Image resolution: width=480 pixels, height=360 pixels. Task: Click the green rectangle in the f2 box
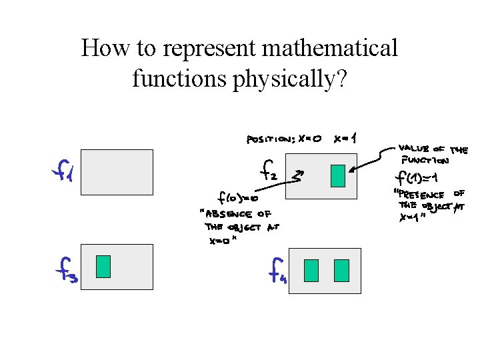click(x=338, y=175)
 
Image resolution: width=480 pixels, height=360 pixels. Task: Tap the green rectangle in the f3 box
click(x=103, y=266)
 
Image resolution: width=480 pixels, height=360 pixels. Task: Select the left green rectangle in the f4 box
click(x=311, y=270)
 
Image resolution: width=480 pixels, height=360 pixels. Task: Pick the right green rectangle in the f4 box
click(x=341, y=270)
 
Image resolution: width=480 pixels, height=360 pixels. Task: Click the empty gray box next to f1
click(x=117, y=172)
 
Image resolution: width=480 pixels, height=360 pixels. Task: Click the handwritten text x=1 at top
click(x=345, y=139)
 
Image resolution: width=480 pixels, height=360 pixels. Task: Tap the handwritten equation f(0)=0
click(x=238, y=197)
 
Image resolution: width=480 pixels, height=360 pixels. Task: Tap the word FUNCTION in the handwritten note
click(x=425, y=160)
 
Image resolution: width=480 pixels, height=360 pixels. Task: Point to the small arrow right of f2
click(x=298, y=176)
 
